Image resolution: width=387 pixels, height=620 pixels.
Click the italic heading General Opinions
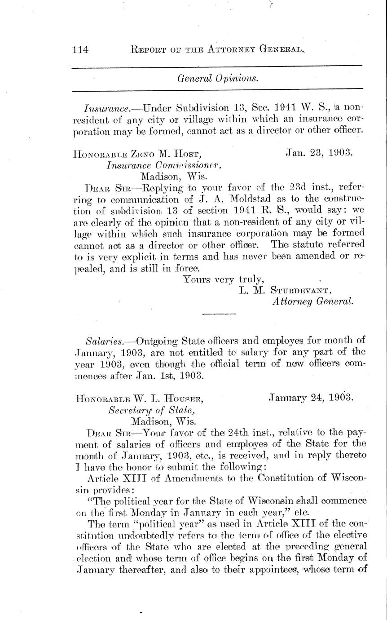(218, 78)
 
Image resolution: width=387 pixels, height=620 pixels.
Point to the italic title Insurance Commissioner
(164, 164)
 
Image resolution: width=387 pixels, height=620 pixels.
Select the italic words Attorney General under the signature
(313, 302)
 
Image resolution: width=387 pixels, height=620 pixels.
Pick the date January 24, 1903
(310, 397)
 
